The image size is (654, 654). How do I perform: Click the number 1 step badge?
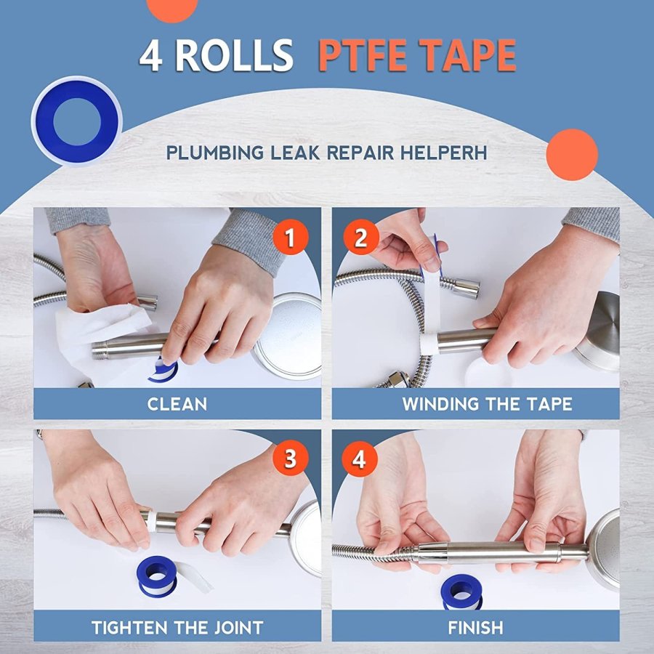click(290, 237)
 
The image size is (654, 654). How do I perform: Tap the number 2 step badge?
click(361, 237)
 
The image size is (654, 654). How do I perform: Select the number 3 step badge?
click(290, 459)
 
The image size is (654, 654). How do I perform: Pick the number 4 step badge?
click(360, 459)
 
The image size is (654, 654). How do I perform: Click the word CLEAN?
click(177, 404)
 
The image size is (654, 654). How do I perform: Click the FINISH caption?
click(475, 627)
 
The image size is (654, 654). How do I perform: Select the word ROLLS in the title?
click(234, 55)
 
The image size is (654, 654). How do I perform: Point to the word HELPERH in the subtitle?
click(444, 153)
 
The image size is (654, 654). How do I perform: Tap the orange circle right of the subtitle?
click(572, 155)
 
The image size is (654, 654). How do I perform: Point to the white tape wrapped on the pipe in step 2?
click(428, 343)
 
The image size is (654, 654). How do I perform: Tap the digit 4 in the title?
click(150, 55)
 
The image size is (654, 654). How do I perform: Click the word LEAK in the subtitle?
click(295, 153)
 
